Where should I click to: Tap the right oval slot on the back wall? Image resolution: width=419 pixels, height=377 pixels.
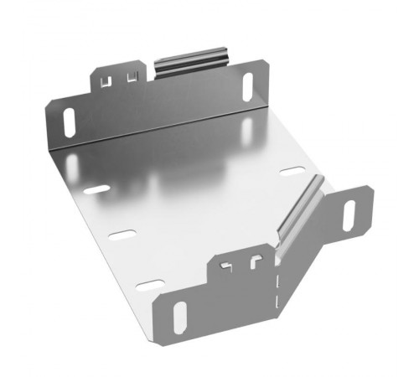[x=248, y=85]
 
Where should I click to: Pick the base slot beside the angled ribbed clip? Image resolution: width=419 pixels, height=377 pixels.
[x=292, y=171]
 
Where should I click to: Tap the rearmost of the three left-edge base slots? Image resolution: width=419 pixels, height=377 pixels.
[x=96, y=189]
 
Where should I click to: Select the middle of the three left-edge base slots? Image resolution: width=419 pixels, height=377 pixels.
[x=122, y=235]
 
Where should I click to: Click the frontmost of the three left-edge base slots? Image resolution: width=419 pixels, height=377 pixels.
[x=150, y=285]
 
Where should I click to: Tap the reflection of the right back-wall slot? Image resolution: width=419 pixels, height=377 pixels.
[x=248, y=128]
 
